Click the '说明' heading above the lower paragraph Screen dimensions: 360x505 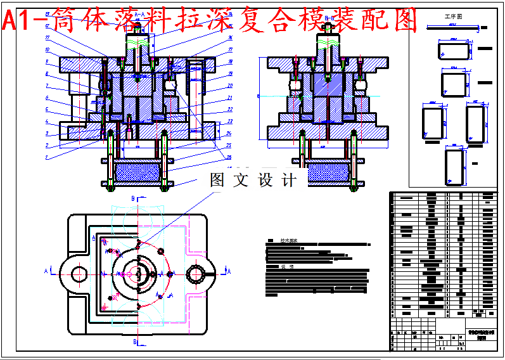point(288,267)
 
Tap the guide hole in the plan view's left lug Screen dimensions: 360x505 point(79,274)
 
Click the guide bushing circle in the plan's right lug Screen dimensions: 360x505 point(196,274)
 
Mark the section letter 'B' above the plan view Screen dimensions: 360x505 point(133,198)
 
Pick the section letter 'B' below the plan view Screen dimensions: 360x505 point(134,342)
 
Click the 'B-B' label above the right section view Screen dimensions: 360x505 point(329,18)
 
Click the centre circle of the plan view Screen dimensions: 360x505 point(137,274)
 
